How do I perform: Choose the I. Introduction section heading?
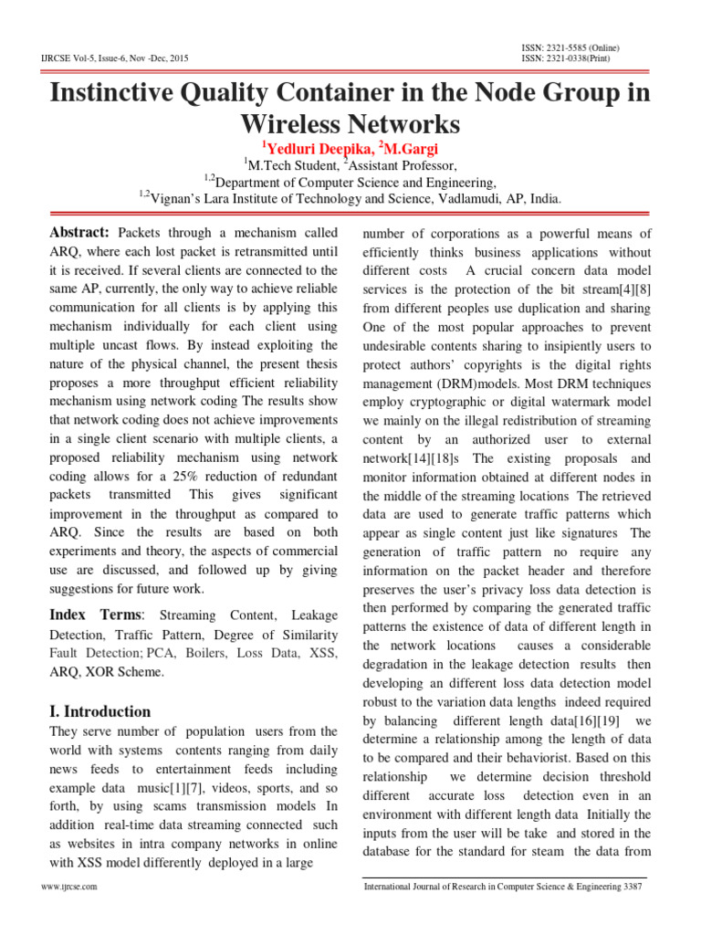99,711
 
